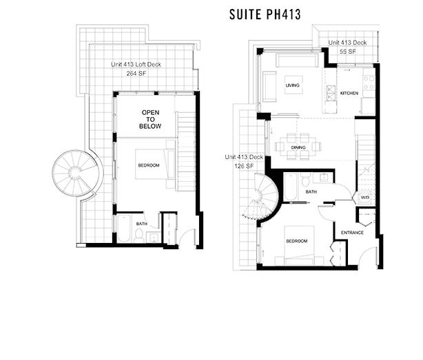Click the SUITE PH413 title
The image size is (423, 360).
pyautogui.click(x=265, y=14)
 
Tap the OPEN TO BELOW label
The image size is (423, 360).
pyautogui.click(x=150, y=119)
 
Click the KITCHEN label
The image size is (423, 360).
pyautogui.click(x=349, y=93)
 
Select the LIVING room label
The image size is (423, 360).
pyautogui.click(x=292, y=85)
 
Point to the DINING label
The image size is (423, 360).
pyautogui.click(x=298, y=147)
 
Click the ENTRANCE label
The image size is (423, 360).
pyautogui.click(x=352, y=233)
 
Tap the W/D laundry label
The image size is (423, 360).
pyautogui.click(x=365, y=198)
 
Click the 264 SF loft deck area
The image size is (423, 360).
pyautogui.click(x=136, y=73)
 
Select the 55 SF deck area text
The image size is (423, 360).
pyautogui.click(x=348, y=52)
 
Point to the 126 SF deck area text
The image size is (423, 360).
pyautogui.click(x=244, y=166)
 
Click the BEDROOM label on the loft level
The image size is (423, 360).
pyautogui.click(x=149, y=165)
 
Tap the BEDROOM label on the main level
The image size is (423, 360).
pyautogui.click(x=297, y=241)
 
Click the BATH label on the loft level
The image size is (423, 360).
pyautogui.click(x=142, y=224)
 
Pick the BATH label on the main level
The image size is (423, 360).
pyautogui.click(x=311, y=191)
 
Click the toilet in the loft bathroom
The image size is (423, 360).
pyautogui.click(x=138, y=235)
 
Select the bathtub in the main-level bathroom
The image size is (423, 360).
pyautogui.click(x=290, y=187)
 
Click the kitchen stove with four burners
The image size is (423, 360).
pyautogui.click(x=369, y=83)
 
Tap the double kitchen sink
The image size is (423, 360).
pyautogui.click(x=331, y=93)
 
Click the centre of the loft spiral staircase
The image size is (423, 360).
pyautogui.click(x=75, y=171)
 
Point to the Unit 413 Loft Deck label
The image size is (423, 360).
pyautogui.click(x=136, y=65)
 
